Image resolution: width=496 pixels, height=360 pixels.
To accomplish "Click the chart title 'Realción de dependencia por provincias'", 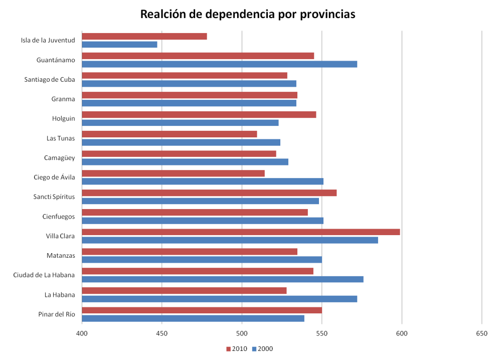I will [248, 15].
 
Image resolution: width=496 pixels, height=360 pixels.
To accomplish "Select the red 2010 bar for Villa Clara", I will [241, 232].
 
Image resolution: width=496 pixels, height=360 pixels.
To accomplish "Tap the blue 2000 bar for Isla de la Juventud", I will [119, 45].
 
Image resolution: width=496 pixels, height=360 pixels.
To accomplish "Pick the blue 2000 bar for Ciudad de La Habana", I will [222, 279].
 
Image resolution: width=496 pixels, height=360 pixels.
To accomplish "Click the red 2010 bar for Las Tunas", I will [169, 134].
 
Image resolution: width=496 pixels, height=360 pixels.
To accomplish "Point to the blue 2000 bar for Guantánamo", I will [219, 64].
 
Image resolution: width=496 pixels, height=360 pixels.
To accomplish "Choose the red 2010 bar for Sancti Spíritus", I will [209, 193].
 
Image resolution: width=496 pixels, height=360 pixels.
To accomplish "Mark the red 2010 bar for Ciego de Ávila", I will [173, 173].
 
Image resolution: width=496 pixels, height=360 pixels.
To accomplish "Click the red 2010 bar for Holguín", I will [199, 114].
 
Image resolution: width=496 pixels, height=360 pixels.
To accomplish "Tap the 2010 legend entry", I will [237, 349].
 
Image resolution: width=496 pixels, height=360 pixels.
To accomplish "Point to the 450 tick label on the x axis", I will [161, 333].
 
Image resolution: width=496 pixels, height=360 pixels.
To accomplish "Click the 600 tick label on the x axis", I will [402, 333].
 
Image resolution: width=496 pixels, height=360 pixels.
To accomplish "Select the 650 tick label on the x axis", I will [481, 333].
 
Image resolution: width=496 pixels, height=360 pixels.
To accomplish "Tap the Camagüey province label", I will [60, 158].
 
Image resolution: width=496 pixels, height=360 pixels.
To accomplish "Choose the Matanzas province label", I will [61, 256].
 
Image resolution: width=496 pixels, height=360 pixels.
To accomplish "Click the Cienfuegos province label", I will [59, 217].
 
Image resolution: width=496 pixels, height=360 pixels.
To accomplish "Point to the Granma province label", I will [63, 99].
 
